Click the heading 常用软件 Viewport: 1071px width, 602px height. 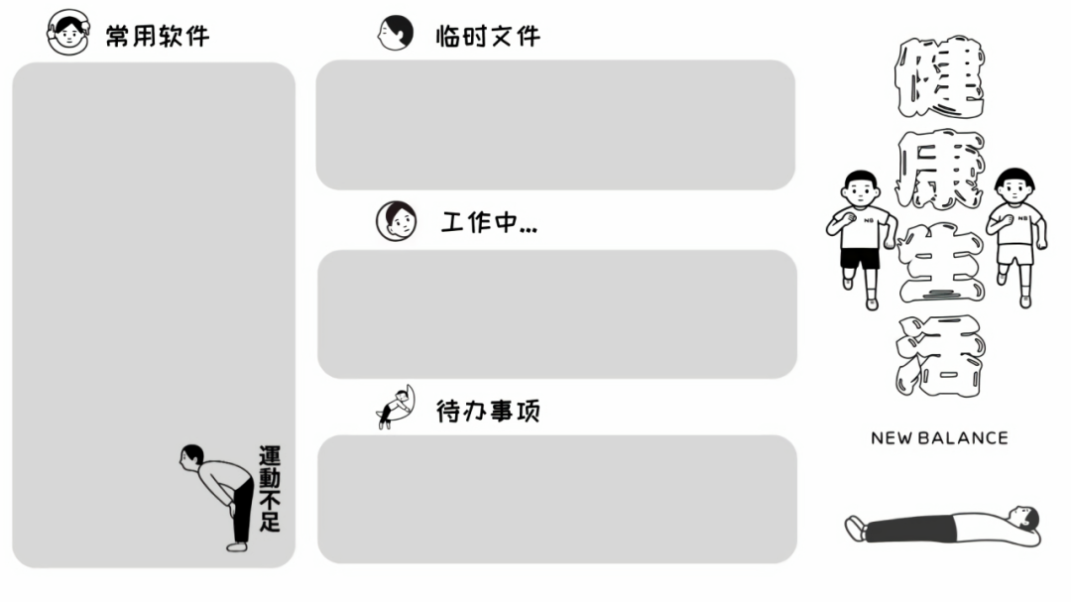click(158, 36)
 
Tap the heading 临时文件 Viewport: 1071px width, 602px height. click(488, 36)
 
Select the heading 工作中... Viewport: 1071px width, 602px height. click(489, 222)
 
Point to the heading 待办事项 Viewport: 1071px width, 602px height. click(488, 411)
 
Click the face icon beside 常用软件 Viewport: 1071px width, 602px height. click(67, 32)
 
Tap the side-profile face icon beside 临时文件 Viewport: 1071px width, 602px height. click(396, 33)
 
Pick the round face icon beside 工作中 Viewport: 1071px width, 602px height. click(396, 221)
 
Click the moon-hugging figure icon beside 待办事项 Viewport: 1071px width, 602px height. click(396, 407)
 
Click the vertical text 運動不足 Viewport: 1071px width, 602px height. click(269, 489)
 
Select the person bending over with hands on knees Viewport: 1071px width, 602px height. click(218, 497)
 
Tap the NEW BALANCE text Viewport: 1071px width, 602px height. click(939, 438)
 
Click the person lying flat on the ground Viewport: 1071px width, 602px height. click(943, 527)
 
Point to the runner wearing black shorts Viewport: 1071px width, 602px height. click(860, 239)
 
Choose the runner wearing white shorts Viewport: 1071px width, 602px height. click(1015, 237)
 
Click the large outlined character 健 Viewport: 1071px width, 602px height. click(940, 76)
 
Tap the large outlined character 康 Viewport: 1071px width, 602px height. click(940, 170)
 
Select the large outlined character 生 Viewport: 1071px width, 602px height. click(940, 262)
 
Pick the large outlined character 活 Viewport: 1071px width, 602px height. click(940, 355)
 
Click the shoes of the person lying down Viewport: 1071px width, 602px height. click(855, 529)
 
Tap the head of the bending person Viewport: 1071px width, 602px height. click(191, 456)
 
